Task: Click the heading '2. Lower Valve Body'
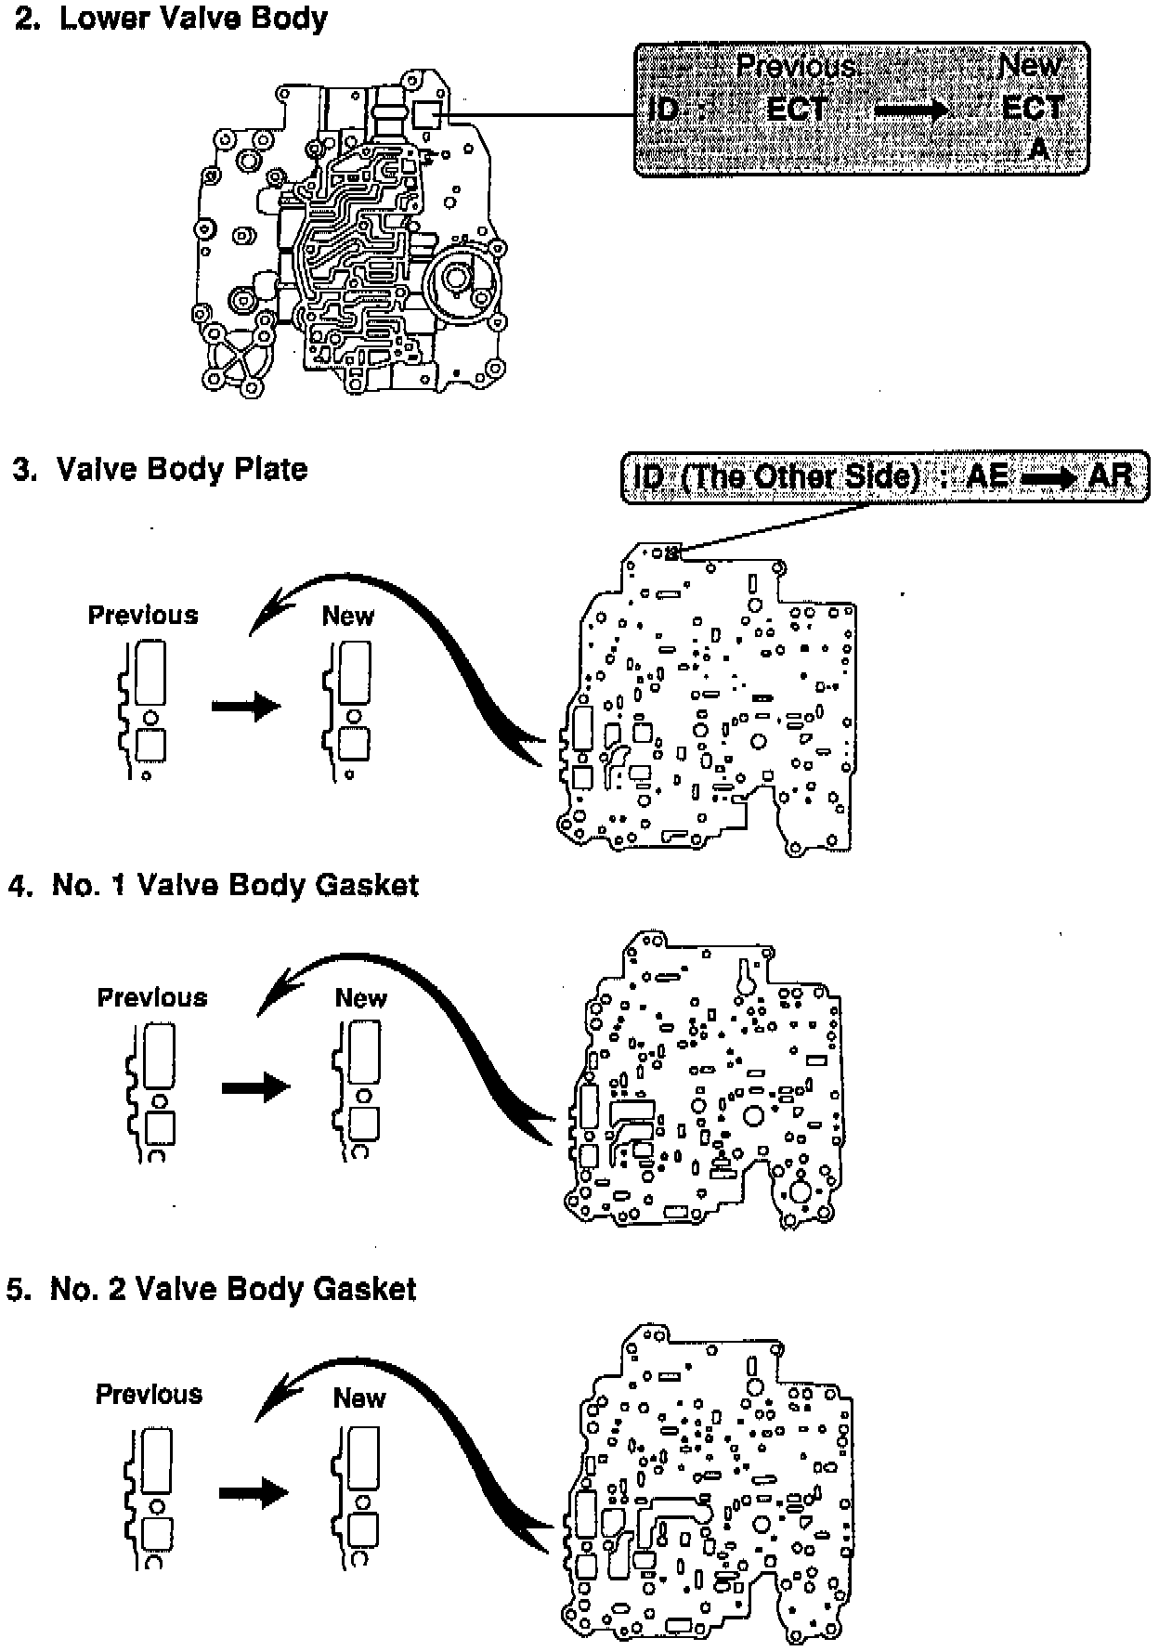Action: [x=171, y=19]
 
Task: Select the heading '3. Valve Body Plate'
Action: [x=160, y=469]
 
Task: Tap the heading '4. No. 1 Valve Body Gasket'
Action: [x=213, y=885]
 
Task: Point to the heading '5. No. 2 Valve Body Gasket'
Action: [x=211, y=1289]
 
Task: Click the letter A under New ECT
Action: [x=1039, y=149]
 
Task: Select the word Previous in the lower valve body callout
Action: [x=796, y=66]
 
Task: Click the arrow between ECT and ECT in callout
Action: [x=911, y=110]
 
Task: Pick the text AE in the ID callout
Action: [x=986, y=475]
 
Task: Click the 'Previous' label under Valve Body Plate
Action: [x=143, y=615]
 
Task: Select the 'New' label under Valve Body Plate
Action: [x=348, y=616]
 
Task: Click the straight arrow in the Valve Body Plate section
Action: [x=245, y=707]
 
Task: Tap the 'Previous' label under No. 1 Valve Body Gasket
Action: [x=152, y=997]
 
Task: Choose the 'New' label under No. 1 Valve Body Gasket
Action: [x=360, y=998]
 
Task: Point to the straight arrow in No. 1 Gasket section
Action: [x=255, y=1086]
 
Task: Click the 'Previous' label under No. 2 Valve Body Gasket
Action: [x=149, y=1394]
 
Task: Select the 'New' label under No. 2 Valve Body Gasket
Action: [x=359, y=1397]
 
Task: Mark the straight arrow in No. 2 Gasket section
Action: [x=254, y=1493]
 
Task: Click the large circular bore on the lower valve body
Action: [x=457, y=277]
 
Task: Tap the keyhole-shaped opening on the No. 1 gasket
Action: [x=745, y=980]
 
